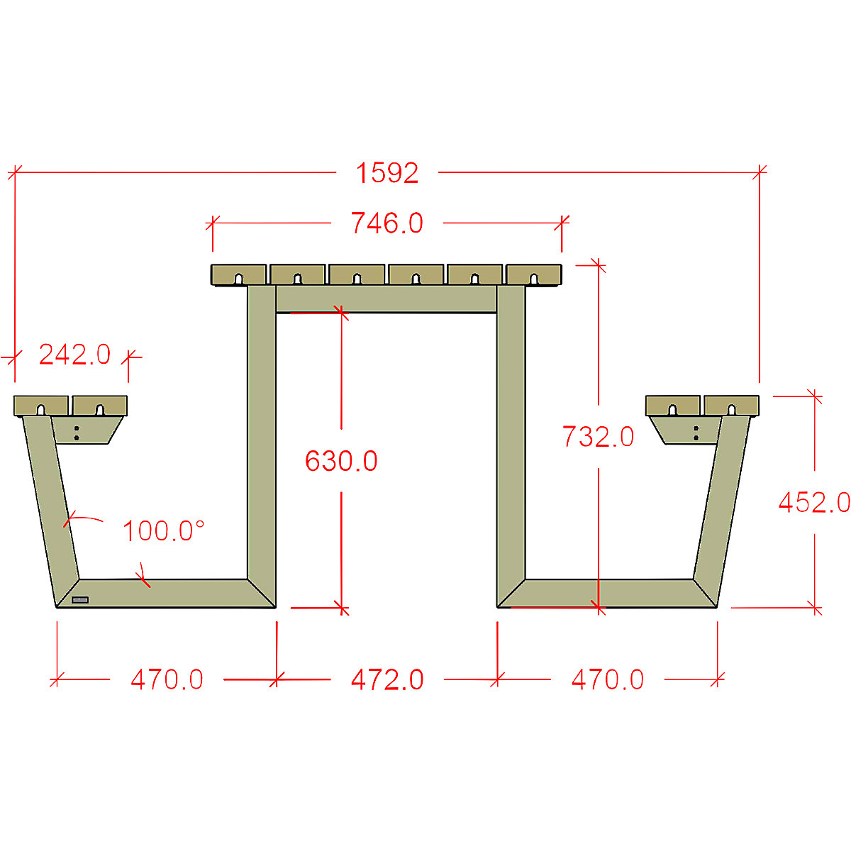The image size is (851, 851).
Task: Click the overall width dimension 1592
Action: [387, 173]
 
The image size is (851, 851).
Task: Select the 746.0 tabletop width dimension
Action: [387, 223]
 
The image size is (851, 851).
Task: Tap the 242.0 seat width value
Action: [74, 355]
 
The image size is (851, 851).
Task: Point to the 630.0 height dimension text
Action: [341, 462]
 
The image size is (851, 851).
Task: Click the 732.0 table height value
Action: [598, 437]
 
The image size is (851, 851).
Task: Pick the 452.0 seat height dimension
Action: [813, 503]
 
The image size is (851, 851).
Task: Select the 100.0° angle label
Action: [164, 531]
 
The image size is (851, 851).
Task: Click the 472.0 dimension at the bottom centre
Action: [387, 680]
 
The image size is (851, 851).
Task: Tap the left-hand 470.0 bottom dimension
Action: [167, 680]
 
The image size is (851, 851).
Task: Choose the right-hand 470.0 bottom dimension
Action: [608, 680]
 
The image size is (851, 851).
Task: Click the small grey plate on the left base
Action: [80, 600]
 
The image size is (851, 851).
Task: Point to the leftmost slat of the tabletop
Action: [239, 274]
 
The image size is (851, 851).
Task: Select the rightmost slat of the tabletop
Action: [533, 274]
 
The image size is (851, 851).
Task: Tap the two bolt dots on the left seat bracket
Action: [77, 433]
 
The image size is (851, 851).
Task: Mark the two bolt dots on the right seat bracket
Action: [696, 433]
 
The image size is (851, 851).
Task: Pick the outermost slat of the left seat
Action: [42, 406]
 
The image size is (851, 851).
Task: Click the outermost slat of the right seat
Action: [731, 406]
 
